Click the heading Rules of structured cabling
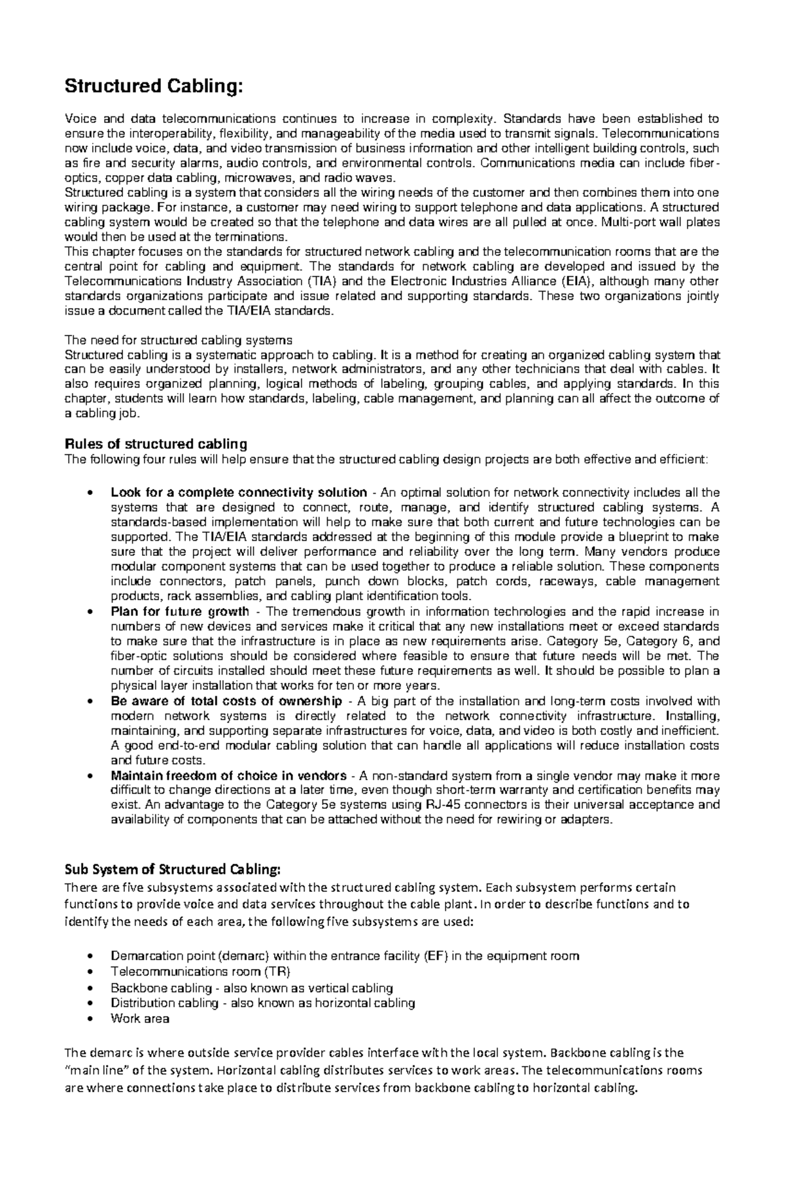156,444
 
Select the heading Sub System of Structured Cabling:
172,869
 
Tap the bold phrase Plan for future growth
180,612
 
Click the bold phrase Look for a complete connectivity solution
239,492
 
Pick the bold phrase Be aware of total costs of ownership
226,701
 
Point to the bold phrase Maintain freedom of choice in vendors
228,776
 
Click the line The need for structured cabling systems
178,340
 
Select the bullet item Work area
140,1018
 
